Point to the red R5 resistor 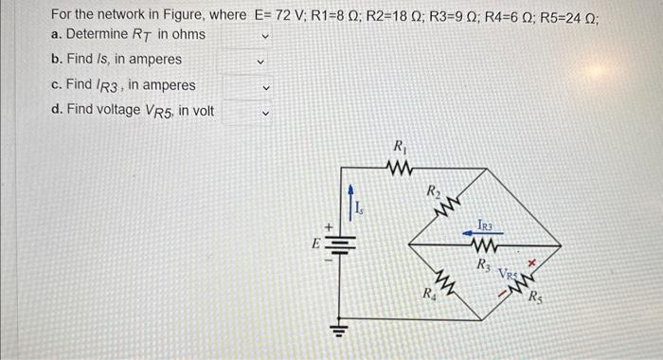pos(522,280)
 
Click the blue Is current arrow pos(350,204)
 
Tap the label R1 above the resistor pos(401,147)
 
